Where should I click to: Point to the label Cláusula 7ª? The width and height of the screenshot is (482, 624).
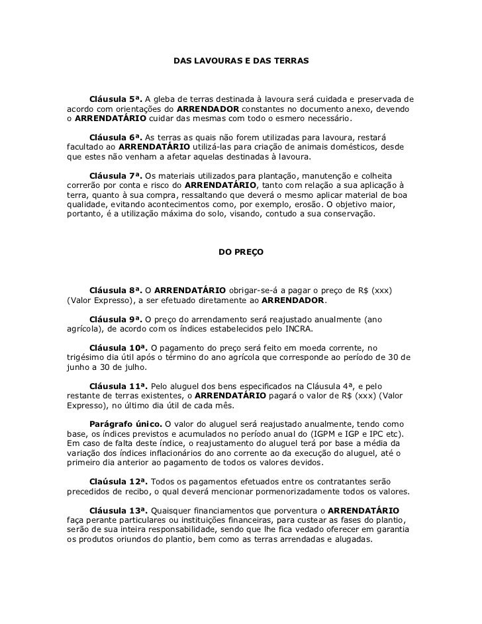coord(116,176)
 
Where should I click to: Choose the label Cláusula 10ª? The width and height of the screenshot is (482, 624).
coord(119,347)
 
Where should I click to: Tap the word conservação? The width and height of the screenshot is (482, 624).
coord(347,215)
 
